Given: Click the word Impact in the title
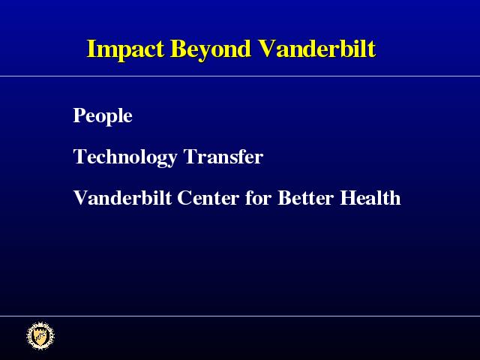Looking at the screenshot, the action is [x=125, y=50].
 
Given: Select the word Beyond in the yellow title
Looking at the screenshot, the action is [x=211, y=50].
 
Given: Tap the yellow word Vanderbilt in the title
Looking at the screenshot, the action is [x=316, y=48].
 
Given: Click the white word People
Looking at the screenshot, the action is [x=103, y=116].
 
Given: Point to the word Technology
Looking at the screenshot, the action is [x=125, y=157].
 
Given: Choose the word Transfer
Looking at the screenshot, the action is [x=223, y=157].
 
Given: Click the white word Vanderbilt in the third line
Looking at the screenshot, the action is [x=122, y=197].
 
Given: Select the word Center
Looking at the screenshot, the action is [x=208, y=198].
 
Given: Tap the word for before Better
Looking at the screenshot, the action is [x=258, y=197].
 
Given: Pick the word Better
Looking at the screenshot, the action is [x=305, y=197].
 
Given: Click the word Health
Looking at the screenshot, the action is [x=370, y=197].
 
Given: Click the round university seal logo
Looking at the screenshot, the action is [x=40, y=336].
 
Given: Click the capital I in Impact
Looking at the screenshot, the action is [x=91, y=48].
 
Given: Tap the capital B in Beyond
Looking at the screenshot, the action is [x=178, y=48].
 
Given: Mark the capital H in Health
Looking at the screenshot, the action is [x=348, y=198].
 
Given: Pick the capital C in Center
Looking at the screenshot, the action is [x=185, y=198].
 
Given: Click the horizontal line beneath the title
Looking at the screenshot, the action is [x=240, y=76].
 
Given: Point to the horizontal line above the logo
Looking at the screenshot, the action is [x=240, y=316].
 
